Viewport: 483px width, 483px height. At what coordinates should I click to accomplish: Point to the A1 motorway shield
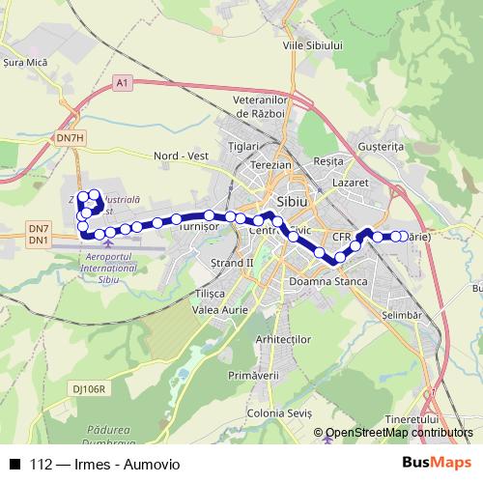pyautogui.click(x=121, y=85)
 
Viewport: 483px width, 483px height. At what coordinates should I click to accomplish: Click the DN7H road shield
pyautogui.click(x=71, y=139)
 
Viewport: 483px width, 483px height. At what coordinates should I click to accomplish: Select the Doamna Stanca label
pyautogui.click(x=328, y=282)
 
